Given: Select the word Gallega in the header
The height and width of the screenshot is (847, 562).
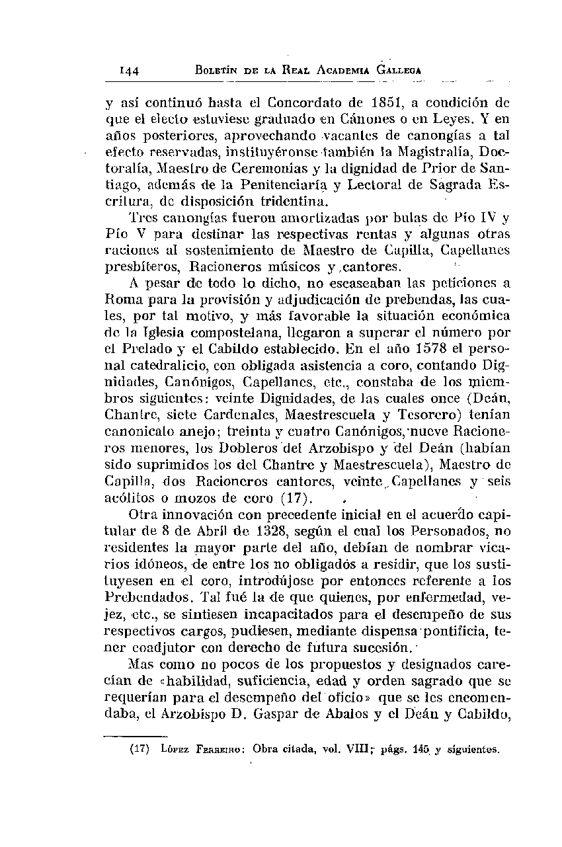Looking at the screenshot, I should (395, 70).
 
